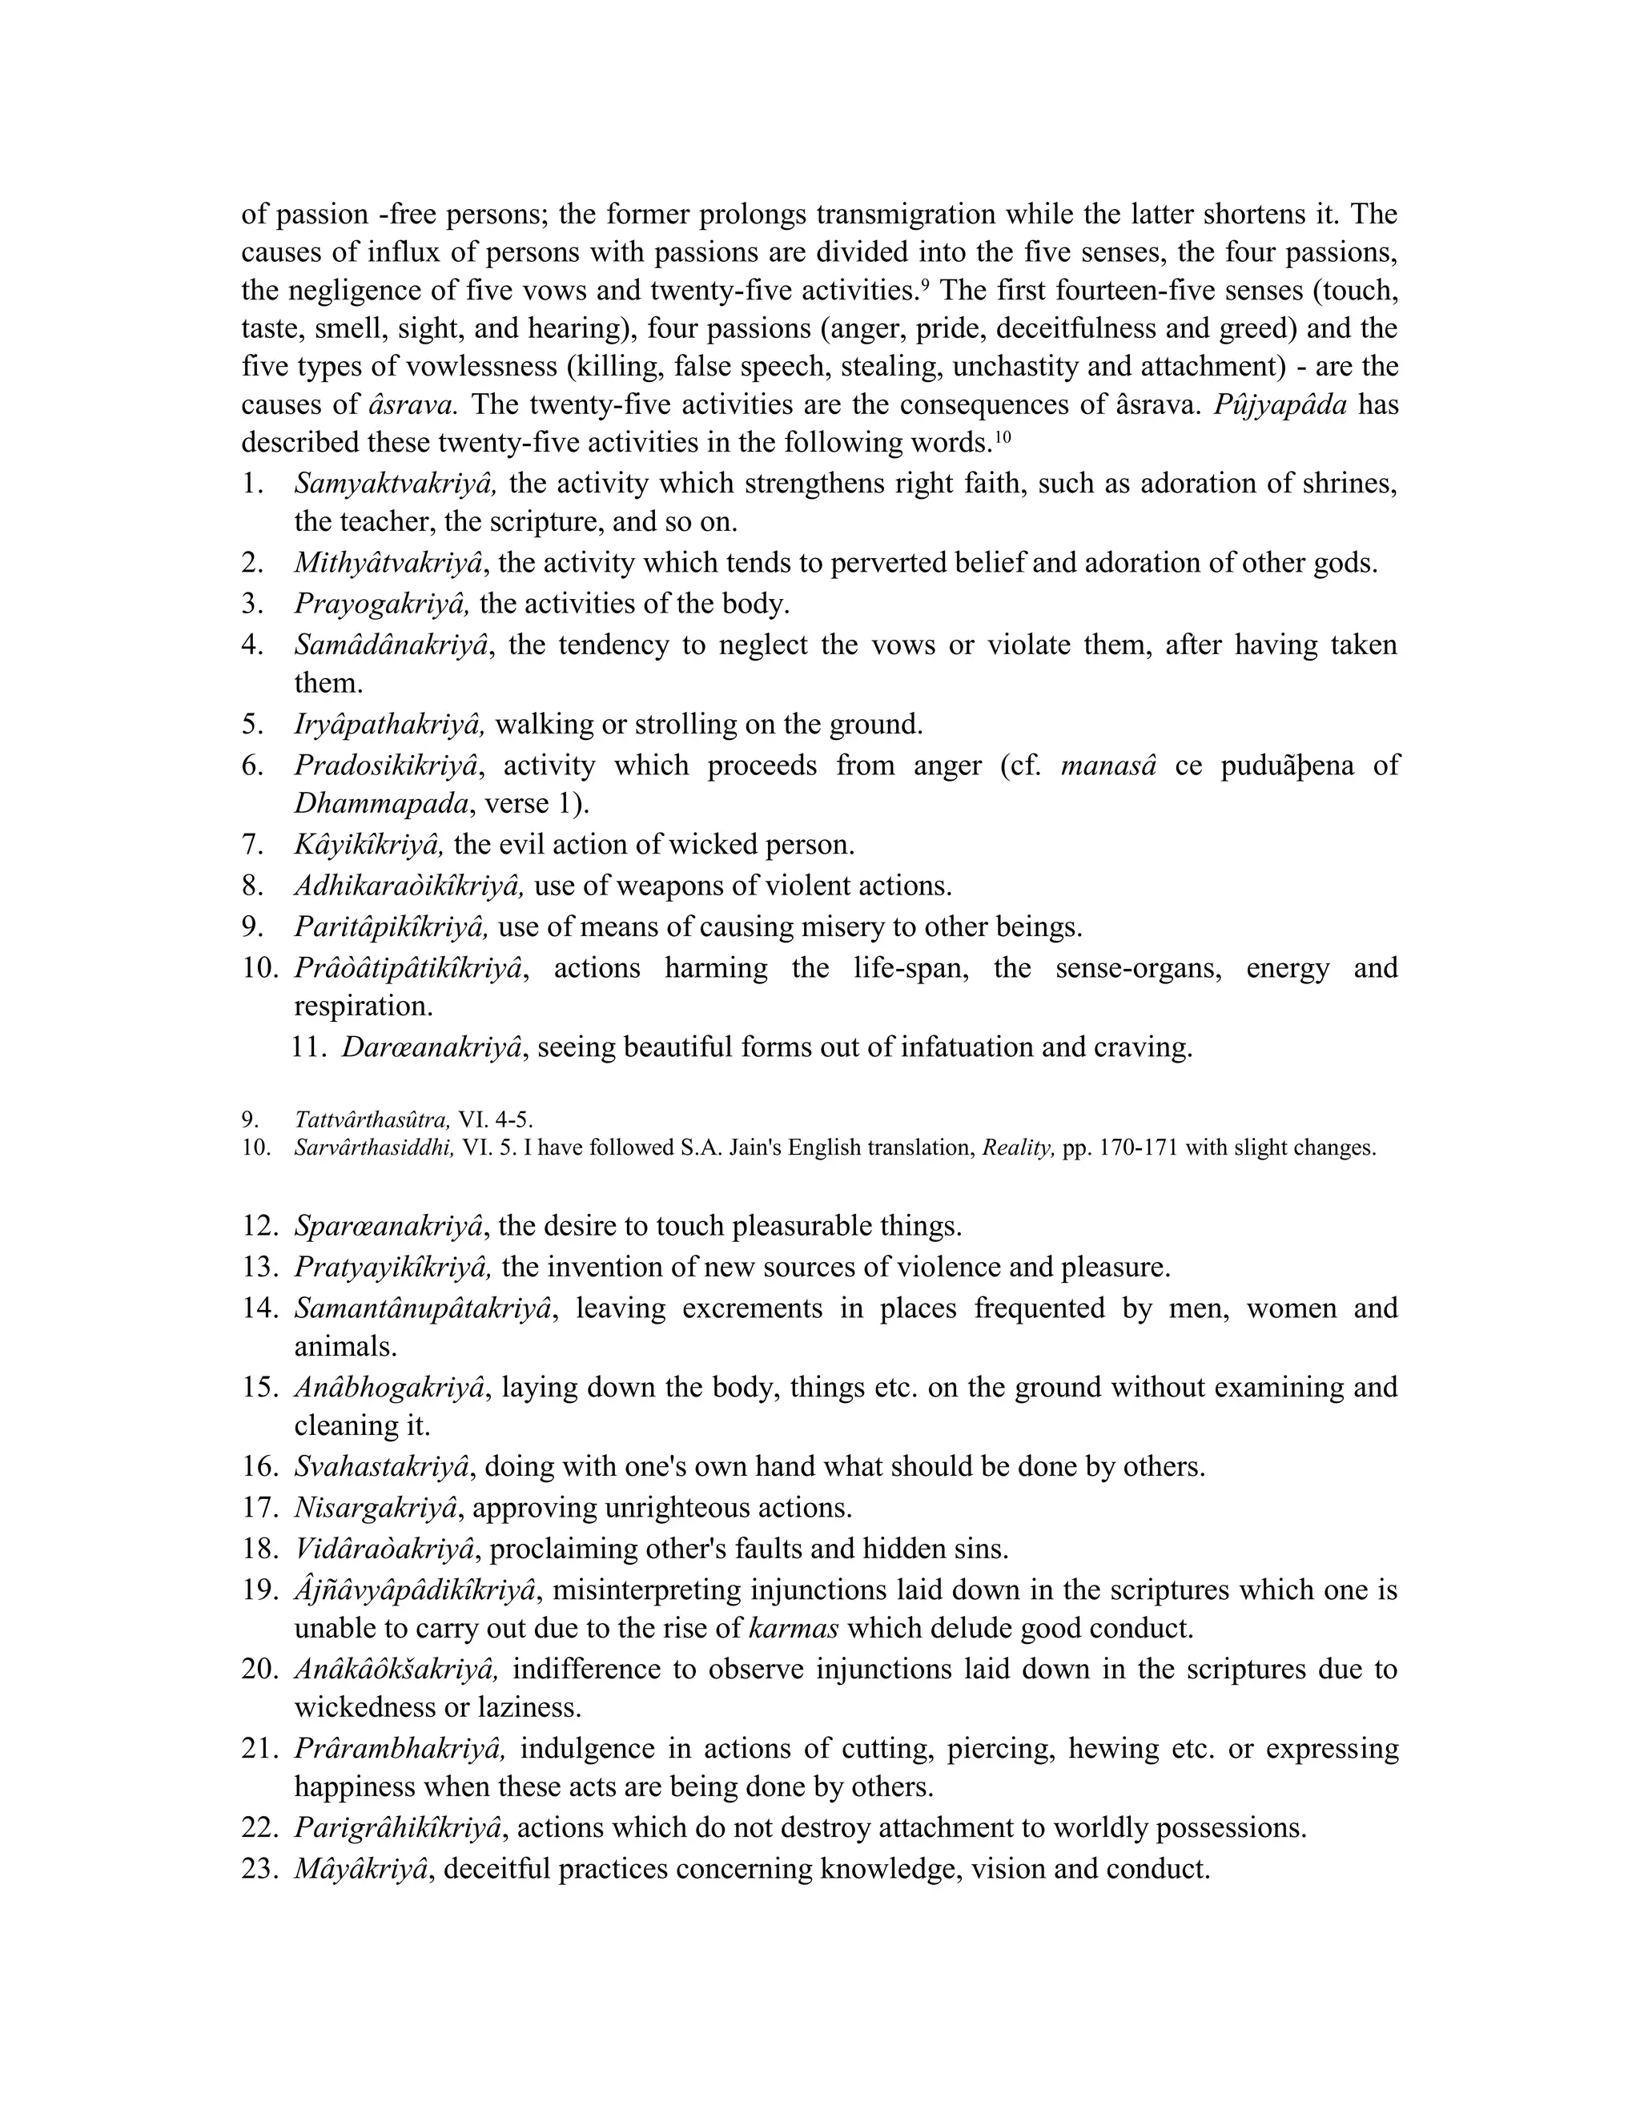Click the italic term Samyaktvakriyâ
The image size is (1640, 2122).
tap(396, 484)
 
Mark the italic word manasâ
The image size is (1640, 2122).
tap(1107, 766)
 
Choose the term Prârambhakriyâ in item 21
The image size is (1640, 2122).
tap(400, 1749)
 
